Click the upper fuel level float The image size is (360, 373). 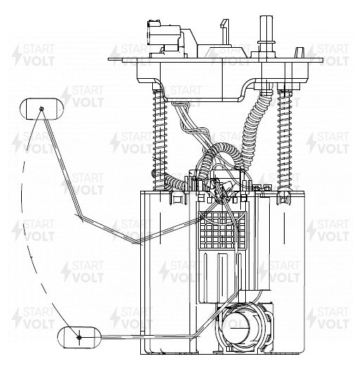point(42,108)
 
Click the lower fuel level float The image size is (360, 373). point(80,337)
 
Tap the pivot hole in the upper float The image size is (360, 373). point(42,108)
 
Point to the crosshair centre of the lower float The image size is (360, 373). point(80,337)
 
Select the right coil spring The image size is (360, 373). point(285,139)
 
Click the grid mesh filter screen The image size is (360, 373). point(223,230)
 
